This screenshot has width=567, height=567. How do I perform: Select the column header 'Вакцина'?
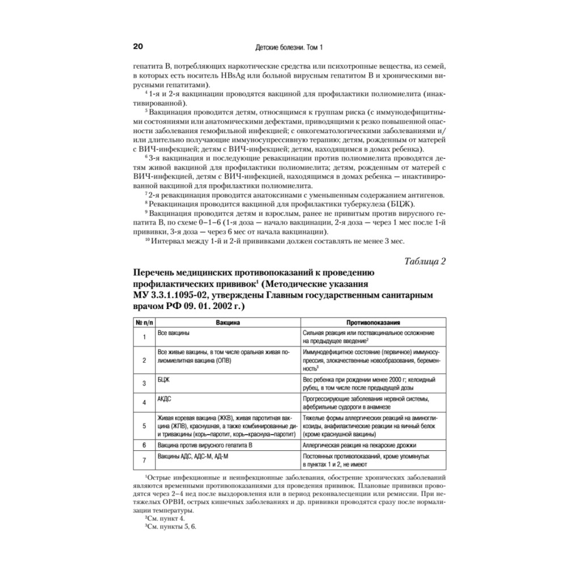click(228, 321)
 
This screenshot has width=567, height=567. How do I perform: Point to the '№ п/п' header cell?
click(144, 321)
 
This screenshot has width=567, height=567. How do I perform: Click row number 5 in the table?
click(144, 426)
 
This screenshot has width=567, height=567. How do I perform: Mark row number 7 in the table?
click(144, 460)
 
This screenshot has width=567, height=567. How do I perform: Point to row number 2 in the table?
click(144, 359)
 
